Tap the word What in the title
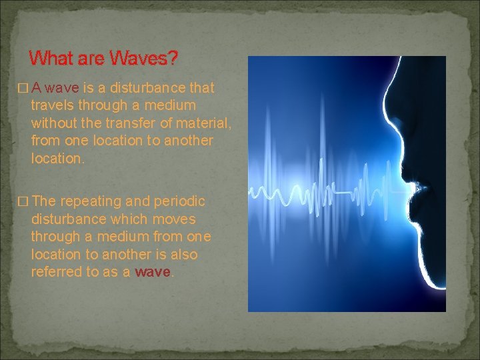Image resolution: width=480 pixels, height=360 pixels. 53,59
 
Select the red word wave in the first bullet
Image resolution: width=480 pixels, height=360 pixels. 64,89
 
